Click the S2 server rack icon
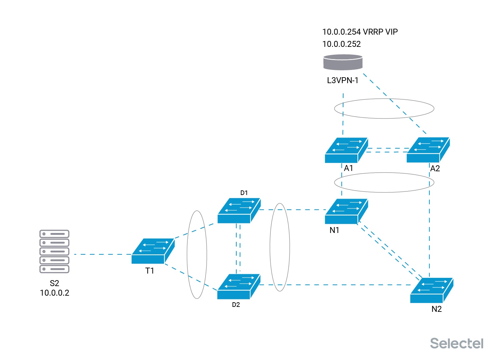[54, 251]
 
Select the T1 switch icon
[153, 251]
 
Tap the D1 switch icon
[239, 211]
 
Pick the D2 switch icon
[239, 287]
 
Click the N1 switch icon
[346, 212]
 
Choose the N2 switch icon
[432, 290]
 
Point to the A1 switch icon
[346, 150]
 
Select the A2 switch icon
[428, 150]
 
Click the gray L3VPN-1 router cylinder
[343, 62]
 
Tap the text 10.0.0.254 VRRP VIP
[360, 32]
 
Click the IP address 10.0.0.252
[342, 44]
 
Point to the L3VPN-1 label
[343, 81]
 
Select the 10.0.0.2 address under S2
[54, 293]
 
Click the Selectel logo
[457, 344]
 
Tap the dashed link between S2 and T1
[103, 255]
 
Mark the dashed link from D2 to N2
[336, 285]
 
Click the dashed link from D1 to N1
[293, 210]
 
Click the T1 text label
[149, 271]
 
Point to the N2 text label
[437, 309]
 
